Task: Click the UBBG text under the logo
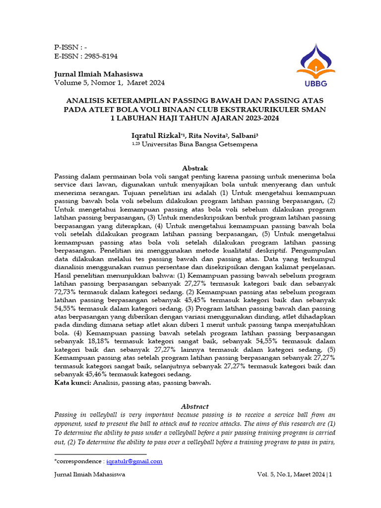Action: coord(309,83)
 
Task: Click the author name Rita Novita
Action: coord(201,135)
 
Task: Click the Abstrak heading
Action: coord(195,168)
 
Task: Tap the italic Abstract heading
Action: coord(195,406)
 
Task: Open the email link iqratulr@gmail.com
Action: coord(134,461)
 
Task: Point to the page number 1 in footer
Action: coord(330,475)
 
